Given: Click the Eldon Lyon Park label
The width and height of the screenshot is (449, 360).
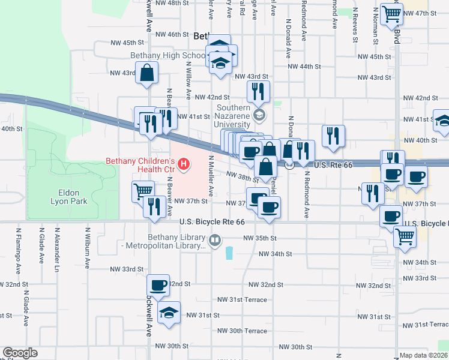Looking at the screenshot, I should (73, 197).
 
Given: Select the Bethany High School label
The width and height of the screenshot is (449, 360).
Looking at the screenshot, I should (168, 56).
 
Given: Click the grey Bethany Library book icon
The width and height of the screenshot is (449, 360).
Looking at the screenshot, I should (214, 241).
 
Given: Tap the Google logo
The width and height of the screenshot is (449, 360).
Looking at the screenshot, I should (20, 353).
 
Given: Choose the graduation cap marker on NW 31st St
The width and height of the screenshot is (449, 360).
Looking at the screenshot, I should (170, 313).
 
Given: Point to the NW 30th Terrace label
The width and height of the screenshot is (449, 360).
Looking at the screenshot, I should (242, 331).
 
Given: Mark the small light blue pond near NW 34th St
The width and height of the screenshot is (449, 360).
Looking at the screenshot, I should (229, 254).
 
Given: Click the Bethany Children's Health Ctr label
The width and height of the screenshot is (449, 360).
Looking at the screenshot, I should (140, 165).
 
